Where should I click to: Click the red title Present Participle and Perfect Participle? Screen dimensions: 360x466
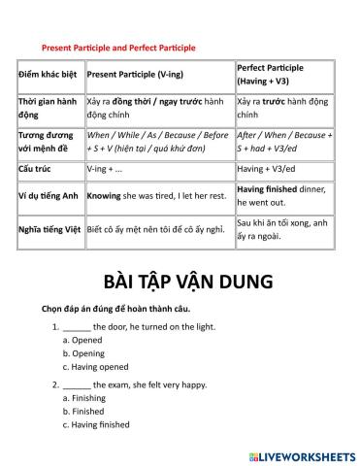point(118,47)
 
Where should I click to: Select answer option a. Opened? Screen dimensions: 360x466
point(82,341)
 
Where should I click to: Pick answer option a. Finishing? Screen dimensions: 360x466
point(84,398)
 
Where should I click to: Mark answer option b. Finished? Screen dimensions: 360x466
point(83,411)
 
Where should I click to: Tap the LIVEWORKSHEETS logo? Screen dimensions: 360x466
point(302,454)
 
